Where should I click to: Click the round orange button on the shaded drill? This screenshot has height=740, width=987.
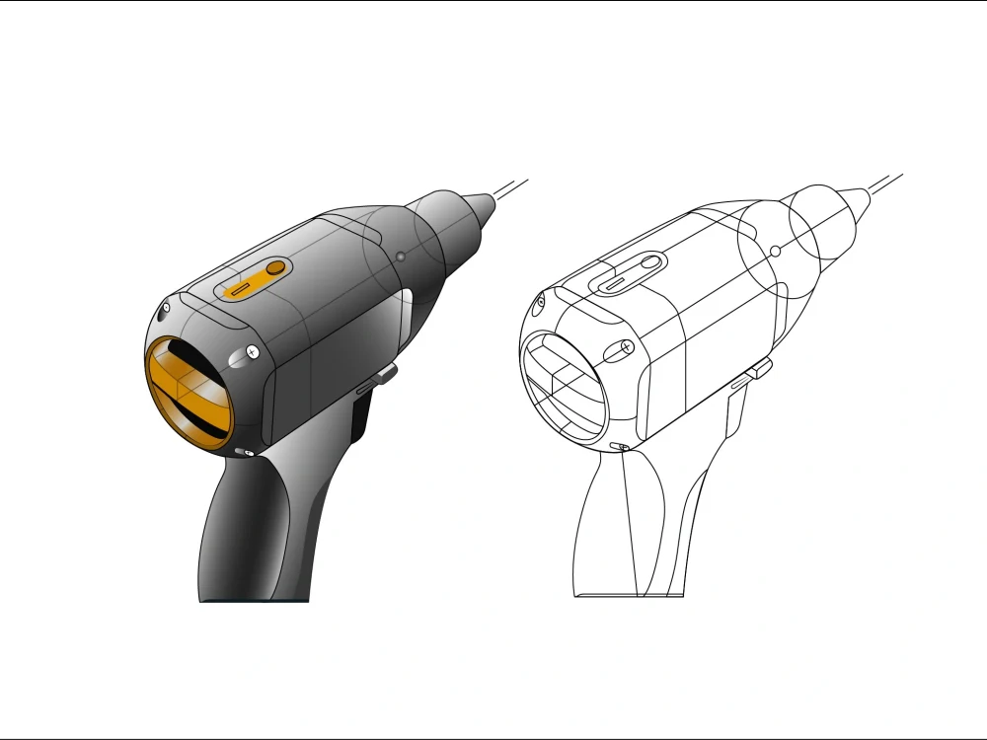click(275, 267)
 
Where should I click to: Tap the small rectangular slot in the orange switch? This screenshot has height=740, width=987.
click(239, 290)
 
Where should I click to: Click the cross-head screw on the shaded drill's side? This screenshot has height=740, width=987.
click(253, 350)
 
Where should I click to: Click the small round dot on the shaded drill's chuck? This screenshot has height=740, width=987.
click(400, 258)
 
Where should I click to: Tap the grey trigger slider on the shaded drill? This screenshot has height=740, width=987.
click(385, 373)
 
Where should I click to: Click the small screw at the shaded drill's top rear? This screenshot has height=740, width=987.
click(166, 308)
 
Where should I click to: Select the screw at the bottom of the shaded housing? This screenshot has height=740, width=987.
click(246, 452)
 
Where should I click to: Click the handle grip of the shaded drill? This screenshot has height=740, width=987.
click(247, 533)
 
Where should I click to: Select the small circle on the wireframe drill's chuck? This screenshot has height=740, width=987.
click(776, 252)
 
